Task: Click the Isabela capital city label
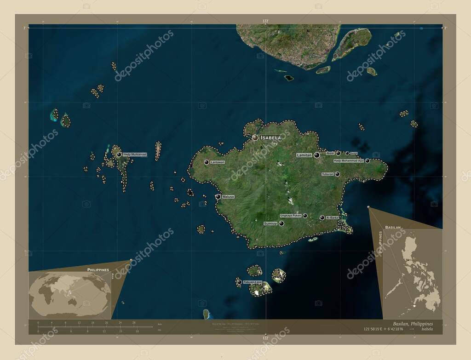(x=270, y=137)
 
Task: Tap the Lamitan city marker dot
(x=317, y=155)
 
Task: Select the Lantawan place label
(x=218, y=162)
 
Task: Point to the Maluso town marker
(x=218, y=197)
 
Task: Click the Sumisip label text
(x=270, y=223)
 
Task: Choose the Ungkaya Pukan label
(x=291, y=215)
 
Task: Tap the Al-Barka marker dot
(x=322, y=217)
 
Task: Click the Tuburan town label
(x=327, y=174)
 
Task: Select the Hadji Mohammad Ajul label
(x=349, y=160)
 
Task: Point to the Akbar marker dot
(x=338, y=153)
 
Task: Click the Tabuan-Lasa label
(x=253, y=282)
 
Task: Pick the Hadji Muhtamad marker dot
(x=119, y=154)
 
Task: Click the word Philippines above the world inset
(x=98, y=269)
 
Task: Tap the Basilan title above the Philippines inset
(x=393, y=228)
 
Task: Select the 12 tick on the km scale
(x=79, y=323)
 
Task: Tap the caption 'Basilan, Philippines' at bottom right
(x=413, y=324)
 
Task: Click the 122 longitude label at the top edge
(x=265, y=22)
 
